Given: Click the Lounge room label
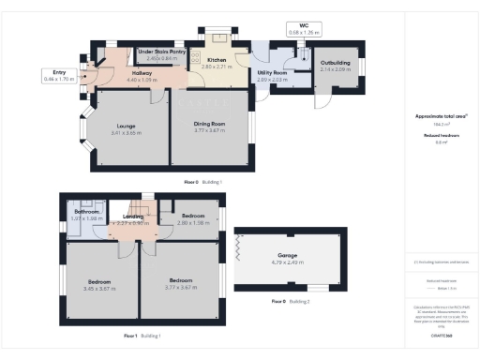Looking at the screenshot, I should click(127, 124).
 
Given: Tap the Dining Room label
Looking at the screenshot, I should click(211, 124).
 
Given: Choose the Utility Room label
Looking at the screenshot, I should click(272, 72).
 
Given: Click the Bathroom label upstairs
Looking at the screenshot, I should click(87, 212).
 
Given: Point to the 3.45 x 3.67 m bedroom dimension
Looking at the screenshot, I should click(100, 288).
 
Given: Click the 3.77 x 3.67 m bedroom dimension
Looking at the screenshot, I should click(180, 286).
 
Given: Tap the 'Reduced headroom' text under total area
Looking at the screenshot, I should click(435, 135).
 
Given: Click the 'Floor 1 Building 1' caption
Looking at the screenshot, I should click(144, 335).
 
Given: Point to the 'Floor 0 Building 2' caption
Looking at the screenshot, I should click(290, 301).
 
